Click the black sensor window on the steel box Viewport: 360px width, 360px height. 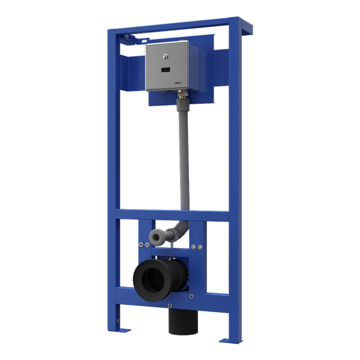[x=166, y=70]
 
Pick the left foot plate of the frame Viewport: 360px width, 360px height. [x=124, y=329]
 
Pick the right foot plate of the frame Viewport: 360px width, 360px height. [x=230, y=340]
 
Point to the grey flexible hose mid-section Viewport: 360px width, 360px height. [x=184, y=156]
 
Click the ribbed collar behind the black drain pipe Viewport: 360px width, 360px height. [x=178, y=272]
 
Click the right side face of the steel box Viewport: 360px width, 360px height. [x=196, y=64]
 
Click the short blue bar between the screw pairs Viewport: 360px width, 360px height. [x=170, y=253]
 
